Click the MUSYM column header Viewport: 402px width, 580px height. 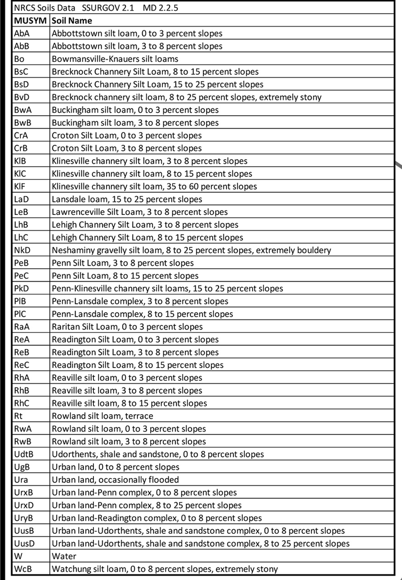point(31,21)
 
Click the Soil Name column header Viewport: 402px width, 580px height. point(72,21)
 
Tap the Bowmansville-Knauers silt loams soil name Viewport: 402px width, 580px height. point(115,59)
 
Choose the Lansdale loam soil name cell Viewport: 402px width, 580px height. point(127,199)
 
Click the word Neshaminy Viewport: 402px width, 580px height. point(73,250)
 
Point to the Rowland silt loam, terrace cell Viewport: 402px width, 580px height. point(103,416)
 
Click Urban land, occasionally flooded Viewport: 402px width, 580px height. point(115,480)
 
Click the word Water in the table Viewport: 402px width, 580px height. point(64,556)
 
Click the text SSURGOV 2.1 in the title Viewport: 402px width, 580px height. point(108,8)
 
